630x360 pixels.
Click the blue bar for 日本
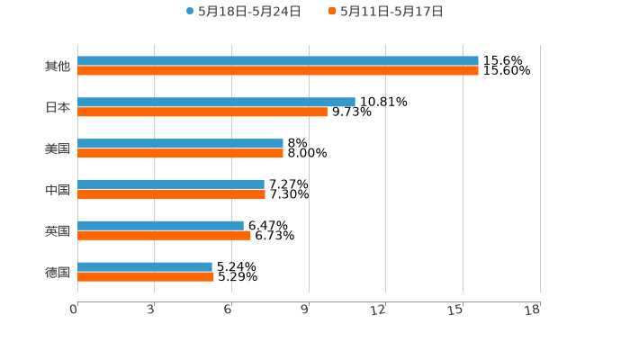tap(216, 103)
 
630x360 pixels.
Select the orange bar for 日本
tap(202, 112)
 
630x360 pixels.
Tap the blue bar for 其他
tap(278, 61)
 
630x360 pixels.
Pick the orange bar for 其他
tap(278, 71)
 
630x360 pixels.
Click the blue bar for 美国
tap(180, 144)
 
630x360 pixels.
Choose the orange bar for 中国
tap(171, 194)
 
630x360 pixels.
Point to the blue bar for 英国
tap(160, 226)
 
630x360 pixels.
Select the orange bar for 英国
tap(164, 236)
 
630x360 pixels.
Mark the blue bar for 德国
tap(145, 267)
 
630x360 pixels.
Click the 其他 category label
tap(58, 67)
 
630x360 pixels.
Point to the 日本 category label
tap(58, 108)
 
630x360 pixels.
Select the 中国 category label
tap(58, 190)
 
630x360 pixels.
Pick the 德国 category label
tap(58, 272)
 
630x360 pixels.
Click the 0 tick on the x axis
tap(75, 310)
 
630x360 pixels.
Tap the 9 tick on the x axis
tap(305, 310)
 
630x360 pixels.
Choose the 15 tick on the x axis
tap(456, 310)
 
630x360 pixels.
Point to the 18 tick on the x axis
tap(533, 310)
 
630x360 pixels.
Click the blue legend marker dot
tap(190, 12)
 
